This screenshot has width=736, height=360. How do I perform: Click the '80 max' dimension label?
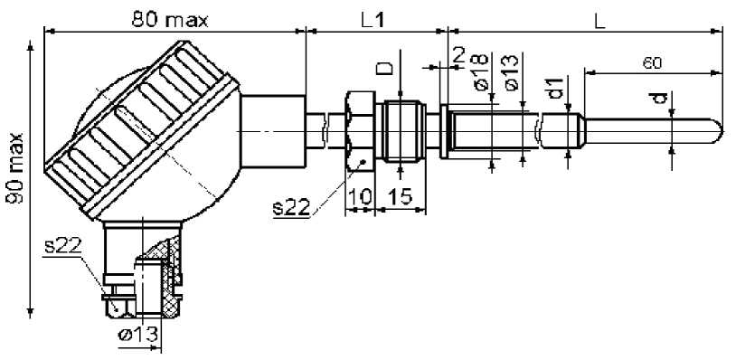click(169, 20)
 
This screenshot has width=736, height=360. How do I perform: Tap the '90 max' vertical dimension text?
click(15, 168)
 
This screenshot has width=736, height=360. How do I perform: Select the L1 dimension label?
click(374, 21)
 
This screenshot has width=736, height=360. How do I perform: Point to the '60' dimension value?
click(652, 63)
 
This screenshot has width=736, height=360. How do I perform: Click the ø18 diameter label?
click(480, 71)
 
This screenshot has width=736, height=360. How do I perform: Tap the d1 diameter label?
click(556, 89)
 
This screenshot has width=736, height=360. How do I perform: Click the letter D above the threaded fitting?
click(385, 69)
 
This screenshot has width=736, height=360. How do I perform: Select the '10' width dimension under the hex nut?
click(359, 197)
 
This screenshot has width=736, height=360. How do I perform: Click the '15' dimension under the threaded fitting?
click(401, 197)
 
